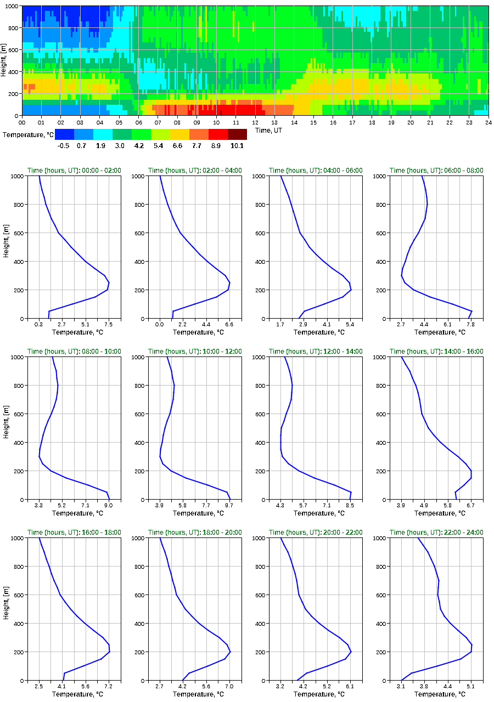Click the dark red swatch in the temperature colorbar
(237, 134)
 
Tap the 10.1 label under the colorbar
(238, 145)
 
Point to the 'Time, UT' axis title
(270, 131)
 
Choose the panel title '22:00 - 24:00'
(436, 533)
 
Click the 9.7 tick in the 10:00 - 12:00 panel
(229, 505)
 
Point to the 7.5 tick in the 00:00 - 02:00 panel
(108, 324)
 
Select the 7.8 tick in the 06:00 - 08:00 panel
(470, 324)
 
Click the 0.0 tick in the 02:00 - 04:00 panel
(160, 324)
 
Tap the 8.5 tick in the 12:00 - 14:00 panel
(350, 505)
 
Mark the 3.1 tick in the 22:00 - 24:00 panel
(401, 686)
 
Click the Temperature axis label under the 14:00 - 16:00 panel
(436, 513)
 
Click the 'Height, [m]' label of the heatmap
(4, 60)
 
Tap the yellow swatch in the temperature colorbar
(179, 134)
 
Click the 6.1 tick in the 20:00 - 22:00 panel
(350, 686)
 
